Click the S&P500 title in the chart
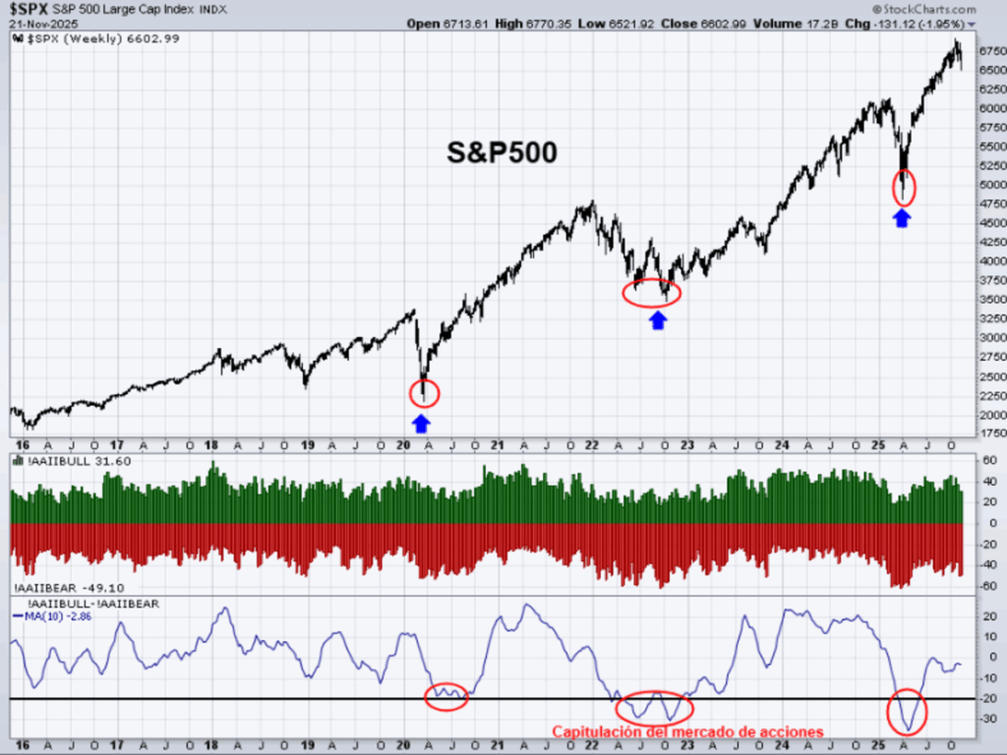click(x=502, y=152)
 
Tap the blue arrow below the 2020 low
click(x=421, y=423)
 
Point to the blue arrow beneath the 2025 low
click(x=902, y=218)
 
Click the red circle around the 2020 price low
click(x=424, y=393)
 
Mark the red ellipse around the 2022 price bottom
click(x=651, y=291)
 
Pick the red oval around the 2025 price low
click(x=904, y=186)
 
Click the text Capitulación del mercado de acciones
click(x=686, y=731)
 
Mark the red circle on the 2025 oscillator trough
click(x=907, y=712)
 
